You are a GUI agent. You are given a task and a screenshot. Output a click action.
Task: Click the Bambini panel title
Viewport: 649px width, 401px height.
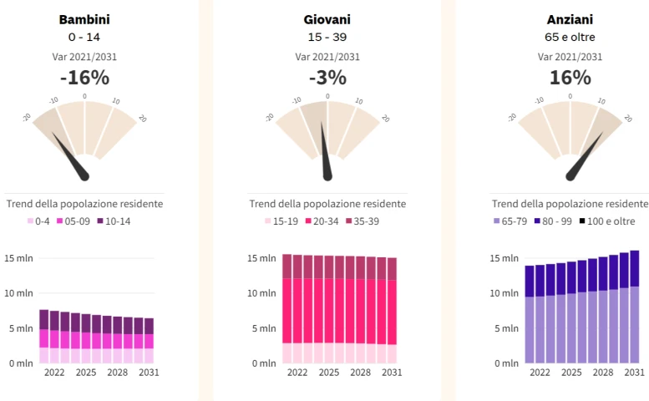click(x=84, y=19)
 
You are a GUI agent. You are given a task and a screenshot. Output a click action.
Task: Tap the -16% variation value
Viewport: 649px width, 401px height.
click(x=84, y=78)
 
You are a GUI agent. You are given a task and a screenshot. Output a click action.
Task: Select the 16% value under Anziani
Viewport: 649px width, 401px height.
click(x=570, y=78)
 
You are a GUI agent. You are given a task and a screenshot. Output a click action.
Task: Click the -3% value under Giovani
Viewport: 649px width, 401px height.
click(x=327, y=78)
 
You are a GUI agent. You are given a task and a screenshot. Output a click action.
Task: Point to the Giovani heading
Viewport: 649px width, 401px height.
click(x=327, y=19)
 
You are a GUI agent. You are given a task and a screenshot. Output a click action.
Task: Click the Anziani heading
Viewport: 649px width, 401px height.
click(x=570, y=19)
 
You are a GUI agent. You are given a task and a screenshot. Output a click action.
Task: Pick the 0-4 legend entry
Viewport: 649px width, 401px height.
click(x=39, y=221)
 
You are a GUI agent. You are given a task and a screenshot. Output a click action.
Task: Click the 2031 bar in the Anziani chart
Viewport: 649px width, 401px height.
click(x=635, y=307)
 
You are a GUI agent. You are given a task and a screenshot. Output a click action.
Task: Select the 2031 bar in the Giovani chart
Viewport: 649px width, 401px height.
click(x=392, y=310)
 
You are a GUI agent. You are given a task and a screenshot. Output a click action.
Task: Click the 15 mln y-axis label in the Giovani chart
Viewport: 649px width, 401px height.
click(x=261, y=258)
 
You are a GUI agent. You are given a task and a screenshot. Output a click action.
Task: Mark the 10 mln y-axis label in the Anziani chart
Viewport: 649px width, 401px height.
click(x=504, y=293)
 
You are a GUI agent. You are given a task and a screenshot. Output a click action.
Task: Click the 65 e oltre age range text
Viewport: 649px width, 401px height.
click(x=570, y=38)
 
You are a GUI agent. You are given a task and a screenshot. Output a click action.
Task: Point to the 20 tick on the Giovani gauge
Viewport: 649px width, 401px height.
click(x=385, y=119)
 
